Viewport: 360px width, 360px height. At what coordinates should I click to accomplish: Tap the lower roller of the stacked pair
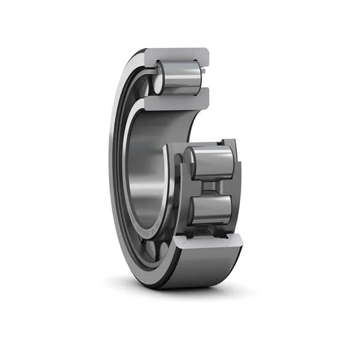[211, 211]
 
